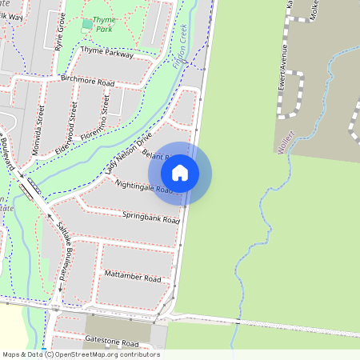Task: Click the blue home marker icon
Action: pyautogui.click(x=180, y=173)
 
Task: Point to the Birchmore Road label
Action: pyautogui.click(x=87, y=82)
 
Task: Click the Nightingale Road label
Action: pyautogui.click(x=144, y=186)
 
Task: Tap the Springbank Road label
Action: pyautogui.click(x=147, y=216)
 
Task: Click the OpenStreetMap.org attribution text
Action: pyautogui.click(x=104, y=354)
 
